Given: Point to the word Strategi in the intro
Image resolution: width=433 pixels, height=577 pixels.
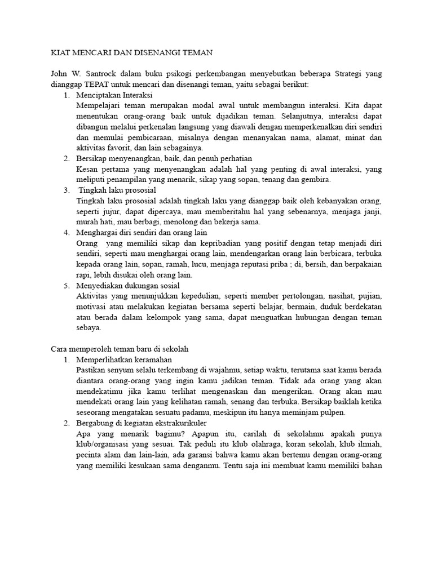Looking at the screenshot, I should [x=344, y=74].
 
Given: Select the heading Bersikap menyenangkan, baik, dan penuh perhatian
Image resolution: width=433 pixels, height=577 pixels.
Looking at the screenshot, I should [x=164, y=158].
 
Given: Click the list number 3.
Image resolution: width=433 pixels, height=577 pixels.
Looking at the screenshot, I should [x=66, y=190].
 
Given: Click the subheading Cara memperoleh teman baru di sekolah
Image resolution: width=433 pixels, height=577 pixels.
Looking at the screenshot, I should [x=120, y=349].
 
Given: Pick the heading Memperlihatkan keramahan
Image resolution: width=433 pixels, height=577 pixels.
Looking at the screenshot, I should [x=124, y=359].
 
